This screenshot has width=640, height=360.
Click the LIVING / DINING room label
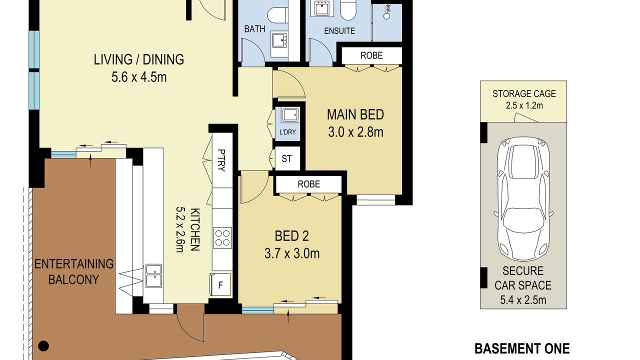pos(139,59)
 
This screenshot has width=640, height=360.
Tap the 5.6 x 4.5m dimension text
pos(139,77)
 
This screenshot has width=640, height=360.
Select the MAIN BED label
pos(355,114)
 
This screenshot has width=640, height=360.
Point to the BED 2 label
pos(291,236)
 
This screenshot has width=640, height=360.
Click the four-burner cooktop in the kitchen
pos(222,237)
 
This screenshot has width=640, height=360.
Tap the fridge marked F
pos(220,284)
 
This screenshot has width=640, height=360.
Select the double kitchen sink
pos(153,275)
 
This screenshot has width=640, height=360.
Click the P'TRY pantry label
pos(221,160)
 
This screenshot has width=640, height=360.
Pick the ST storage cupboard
pos(287,158)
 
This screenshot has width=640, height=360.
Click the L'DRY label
pos(287,132)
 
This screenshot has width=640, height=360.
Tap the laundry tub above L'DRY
pos(290,115)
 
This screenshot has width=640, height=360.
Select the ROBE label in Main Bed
pos(371,55)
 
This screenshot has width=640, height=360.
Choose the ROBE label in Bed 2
pos(308,184)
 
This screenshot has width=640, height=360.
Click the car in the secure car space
pos(523,199)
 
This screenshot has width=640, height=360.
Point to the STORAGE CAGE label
pos(524,93)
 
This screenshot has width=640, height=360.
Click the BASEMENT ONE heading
pos(522,349)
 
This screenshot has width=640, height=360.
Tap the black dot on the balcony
pos(43,346)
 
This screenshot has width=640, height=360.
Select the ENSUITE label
pos(339,31)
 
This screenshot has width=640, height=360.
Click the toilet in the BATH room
pos(277,15)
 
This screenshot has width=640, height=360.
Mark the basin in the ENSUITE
pos(321,8)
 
